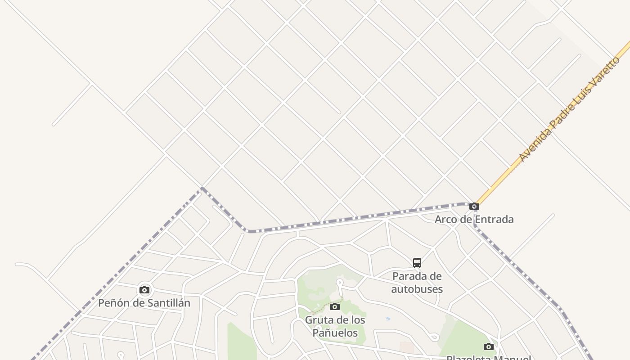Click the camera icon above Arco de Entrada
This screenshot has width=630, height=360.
pyautogui.click(x=474, y=207)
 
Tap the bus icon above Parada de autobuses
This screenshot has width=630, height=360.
pyautogui.click(x=417, y=262)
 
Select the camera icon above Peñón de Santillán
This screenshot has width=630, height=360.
pyautogui.click(x=144, y=290)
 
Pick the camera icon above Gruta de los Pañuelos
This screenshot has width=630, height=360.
pyautogui.click(x=335, y=306)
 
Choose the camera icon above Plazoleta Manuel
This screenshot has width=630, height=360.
pyautogui.click(x=489, y=346)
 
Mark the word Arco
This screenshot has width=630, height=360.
pyautogui.click(x=447, y=220)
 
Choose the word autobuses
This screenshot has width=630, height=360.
pyautogui.click(x=417, y=289)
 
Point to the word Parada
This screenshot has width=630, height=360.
pyautogui.click(x=411, y=276)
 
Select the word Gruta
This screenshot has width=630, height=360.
pyautogui.click(x=319, y=320)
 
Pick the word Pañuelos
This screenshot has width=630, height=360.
pyautogui.click(x=335, y=333)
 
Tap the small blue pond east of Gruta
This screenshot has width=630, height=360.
pyautogui.click(x=388, y=319)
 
